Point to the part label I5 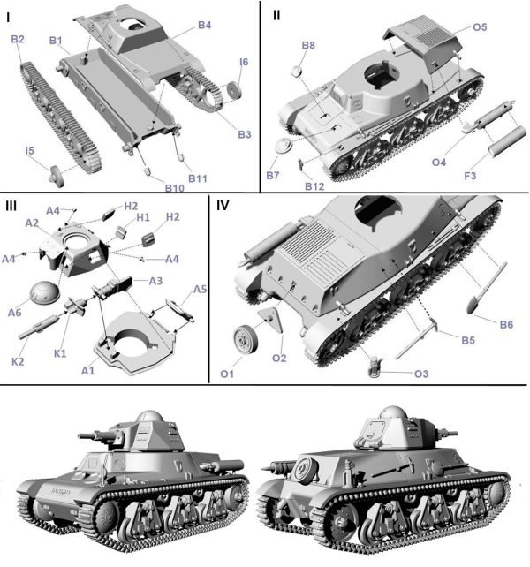pos(29,152)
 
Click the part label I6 pos(244,61)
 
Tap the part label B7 pos(273,177)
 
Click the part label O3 pos(423,374)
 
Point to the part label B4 pos(204,26)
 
